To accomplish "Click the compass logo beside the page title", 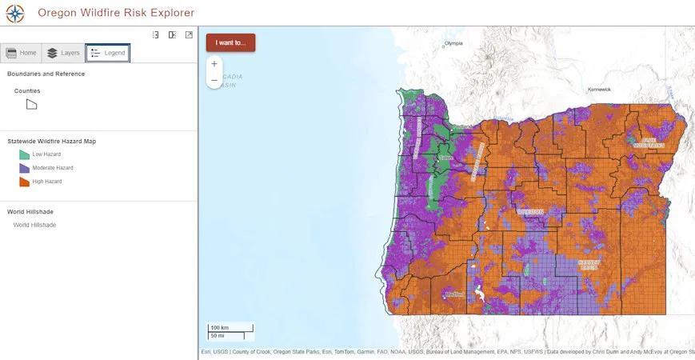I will click(x=14, y=13).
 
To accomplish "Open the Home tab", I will click(x=22, y=53).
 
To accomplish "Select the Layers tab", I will click(x=63, y=53).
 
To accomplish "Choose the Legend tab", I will click(x=108, y=53).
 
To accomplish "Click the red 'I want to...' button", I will click(x=230, y=42).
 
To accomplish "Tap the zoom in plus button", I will click(x=214, y=64).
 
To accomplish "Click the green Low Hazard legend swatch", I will click(x=24, y=154).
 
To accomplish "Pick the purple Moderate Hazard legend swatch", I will click(x=24, y=168).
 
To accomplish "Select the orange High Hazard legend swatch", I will click(x=24, y=182).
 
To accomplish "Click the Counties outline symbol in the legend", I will click(x=31, y=104).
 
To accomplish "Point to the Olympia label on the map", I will click(x=453, y=43).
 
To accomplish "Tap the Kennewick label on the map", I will click(x=598, y=90).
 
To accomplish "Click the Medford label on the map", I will click(x=455, y=294).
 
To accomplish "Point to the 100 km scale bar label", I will click(x=220, y=328).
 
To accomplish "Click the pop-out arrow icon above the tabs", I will click(x=189, y=34).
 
